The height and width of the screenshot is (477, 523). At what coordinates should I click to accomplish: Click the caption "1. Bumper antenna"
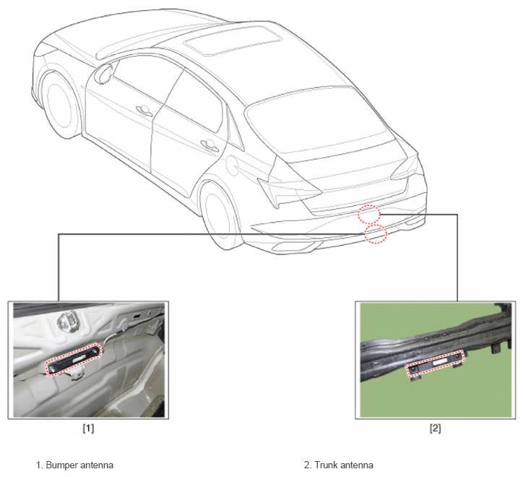[x=74, y=465]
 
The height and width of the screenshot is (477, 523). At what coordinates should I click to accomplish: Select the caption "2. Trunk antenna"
[x=339, y=465]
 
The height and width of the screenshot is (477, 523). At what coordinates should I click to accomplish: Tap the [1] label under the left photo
[x=88, y=429]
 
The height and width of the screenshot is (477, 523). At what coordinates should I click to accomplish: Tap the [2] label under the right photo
[x=436, y=429]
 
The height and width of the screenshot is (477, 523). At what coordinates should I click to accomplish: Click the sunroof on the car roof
[x=233, y=40]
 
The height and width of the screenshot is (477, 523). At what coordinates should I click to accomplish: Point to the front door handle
[x=144, y=111]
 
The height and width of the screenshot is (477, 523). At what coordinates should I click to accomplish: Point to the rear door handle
[x=209, y=146]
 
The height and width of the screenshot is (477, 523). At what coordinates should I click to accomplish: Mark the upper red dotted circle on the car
[x=369, y=215]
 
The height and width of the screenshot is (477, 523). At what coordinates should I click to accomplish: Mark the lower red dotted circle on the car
[x=376, y=233]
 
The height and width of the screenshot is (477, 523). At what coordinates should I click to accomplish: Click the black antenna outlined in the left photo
[x=74, y=360]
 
